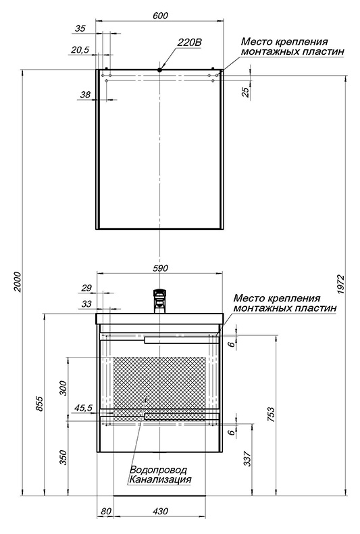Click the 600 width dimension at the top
click(161, 16)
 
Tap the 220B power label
click(189, 43)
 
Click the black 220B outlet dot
click(159, 70)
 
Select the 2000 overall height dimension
click(18, 282)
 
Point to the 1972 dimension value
click(341, 285)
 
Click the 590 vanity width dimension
click(160, 268)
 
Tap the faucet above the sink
click(160, 301)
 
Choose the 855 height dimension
click(40, 404)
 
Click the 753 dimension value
click(271, 414)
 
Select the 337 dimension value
click(248, 458)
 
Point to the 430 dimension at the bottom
click(160, 511)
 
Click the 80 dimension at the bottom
click(106, 511)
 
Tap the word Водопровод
click(159, 470)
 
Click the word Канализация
click(159, 480)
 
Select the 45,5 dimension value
click(83, 408)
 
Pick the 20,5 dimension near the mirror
click(80, 50)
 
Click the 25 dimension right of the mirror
click(246, 92)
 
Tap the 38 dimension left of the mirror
click(85, 95)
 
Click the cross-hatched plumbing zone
click(159, 387)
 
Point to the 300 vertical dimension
click(63, 387)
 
